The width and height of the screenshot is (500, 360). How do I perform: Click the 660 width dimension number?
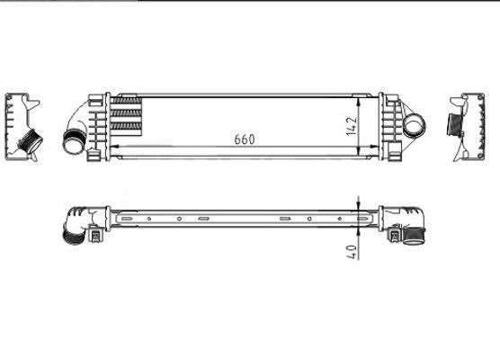[245, 139]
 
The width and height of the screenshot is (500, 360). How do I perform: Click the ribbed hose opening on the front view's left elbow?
[72, 141]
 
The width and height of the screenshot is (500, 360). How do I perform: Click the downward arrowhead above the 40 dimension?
[359, 206]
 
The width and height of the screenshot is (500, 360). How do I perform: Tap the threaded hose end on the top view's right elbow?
[415, 238]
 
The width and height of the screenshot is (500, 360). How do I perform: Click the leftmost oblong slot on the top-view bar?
[127, 218]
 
